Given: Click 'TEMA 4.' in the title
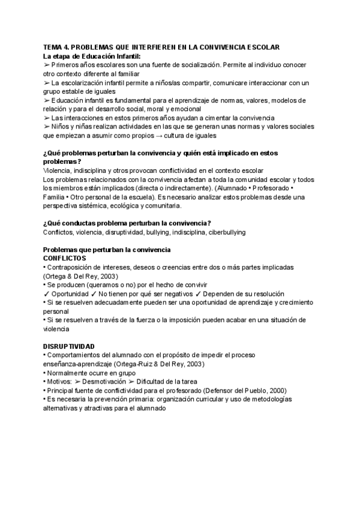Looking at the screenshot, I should tap(56, 47).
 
